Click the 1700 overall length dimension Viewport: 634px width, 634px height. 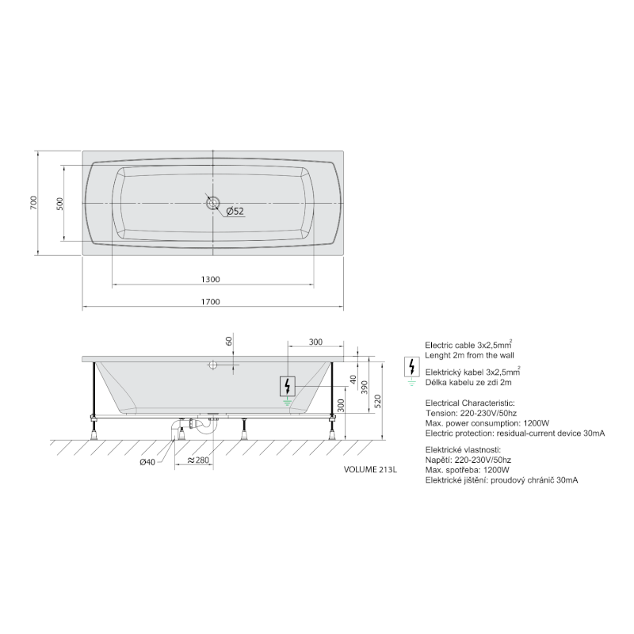click(x=211, y=302)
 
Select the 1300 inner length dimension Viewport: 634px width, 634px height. click(x=211, y=280)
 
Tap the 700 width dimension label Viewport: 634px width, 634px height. click(x=33, y=203)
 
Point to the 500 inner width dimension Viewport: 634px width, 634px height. click(x=60, y=204)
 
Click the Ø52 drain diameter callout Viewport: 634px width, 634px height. click(x=235, y=211)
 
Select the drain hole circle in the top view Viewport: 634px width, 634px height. click(x=213, y=203)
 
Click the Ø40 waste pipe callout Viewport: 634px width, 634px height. click(x=147, y=462)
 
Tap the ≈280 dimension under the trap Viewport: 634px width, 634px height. click(x=199, y=460)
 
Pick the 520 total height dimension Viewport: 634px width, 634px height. click(x=378, y=402)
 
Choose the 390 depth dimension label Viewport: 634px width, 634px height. click(x=365, y=388)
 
